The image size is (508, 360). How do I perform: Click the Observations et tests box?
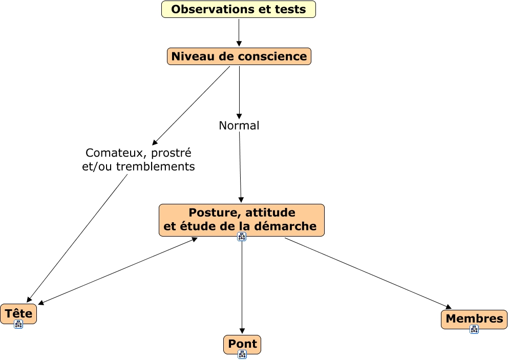tap(238, 9)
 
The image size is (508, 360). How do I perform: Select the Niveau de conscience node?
tap(239, 56)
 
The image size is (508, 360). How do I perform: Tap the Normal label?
tap(239, 125)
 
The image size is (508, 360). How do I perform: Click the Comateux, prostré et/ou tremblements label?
tap(138, 159)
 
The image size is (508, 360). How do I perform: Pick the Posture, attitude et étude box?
tap(241, 220)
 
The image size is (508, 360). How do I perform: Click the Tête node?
tap(18, 313)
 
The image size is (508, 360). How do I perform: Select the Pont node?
tap(242, 344)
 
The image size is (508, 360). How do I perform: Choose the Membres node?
tap(474, 319)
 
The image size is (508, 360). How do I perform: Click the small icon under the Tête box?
tap(18, 324)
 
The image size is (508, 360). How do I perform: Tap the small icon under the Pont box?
tap(242, 354)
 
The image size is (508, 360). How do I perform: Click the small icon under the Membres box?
tap(474, 329)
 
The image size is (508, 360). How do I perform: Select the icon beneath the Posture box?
tap(242, 236)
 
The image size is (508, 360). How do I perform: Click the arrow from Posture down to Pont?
tap(242, 287)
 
